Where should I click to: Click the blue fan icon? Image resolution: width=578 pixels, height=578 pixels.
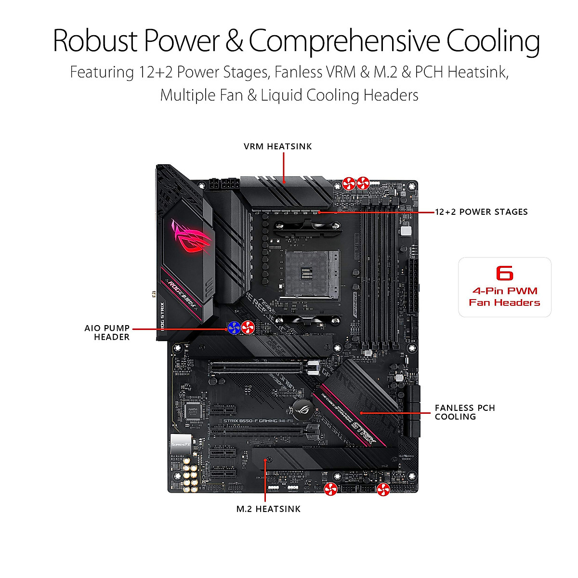(x=234, y=328)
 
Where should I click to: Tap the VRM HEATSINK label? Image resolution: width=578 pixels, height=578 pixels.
(x=277, y=146)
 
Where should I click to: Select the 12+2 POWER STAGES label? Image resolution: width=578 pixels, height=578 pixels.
(x=481, y=212)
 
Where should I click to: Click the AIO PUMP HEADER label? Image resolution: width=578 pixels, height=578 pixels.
(x=107, y=332)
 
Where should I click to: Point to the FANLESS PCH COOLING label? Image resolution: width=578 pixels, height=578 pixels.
(x=464, y=412)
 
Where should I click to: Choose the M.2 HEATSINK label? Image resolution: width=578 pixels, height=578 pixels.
(x=268, y=509)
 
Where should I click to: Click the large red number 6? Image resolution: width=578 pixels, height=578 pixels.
(x=504, y=273)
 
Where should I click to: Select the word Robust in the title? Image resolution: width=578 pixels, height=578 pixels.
(x=95, y=41)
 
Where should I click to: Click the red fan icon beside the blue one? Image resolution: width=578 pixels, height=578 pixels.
(x=247, y=328)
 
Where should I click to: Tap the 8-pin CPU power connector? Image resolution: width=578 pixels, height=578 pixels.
(x=223, y=184)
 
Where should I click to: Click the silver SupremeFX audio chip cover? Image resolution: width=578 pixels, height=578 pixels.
(x=181, y=443)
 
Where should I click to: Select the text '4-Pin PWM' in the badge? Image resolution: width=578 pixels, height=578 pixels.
(x=504, y=291)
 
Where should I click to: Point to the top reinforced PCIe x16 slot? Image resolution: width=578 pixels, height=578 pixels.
(x=258, y=368)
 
